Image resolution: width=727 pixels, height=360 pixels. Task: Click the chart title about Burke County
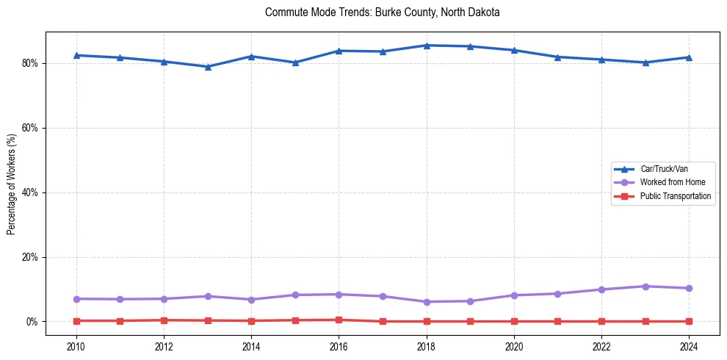coord(382,12)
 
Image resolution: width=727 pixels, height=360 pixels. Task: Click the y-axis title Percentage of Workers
coord(12,184)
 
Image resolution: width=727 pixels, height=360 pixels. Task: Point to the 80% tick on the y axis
coord(32,63)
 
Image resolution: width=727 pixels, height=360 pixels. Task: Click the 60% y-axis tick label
coord(32,128)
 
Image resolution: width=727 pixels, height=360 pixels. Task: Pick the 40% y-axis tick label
coord(32,192)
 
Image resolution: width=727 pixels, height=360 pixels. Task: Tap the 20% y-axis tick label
coord(32,257)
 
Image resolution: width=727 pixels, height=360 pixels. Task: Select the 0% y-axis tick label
coord(34,322)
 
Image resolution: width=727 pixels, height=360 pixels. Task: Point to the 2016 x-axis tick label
coord(339,345)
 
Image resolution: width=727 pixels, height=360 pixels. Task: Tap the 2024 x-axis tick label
coord(689,345)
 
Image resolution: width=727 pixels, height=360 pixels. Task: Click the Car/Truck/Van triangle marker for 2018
coord(427,46)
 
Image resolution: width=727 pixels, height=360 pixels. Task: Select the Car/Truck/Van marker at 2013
coord(208,67)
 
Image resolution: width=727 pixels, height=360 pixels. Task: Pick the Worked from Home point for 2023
coord(645,287)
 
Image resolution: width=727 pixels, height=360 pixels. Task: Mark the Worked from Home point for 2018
coord(427,302)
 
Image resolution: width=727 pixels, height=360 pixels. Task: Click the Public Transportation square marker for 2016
coord(339,320)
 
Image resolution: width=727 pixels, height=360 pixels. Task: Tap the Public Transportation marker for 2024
coord(689,321)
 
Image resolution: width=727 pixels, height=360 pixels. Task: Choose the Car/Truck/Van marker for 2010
coord(76,55)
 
